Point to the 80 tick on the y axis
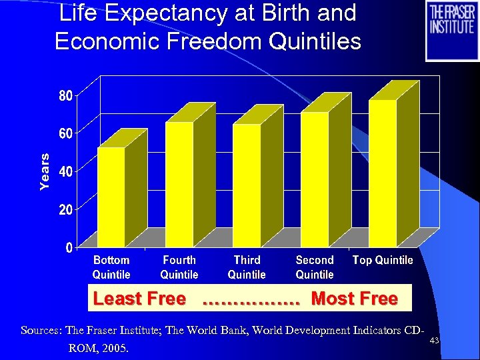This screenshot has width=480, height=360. tap(63, 96)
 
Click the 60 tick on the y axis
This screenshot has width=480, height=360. tap(63, 134)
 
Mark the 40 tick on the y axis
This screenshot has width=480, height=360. tap(63, 171)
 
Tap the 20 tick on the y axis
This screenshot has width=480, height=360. tap(63, 209)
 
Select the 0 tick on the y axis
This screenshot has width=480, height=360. tap(69, 247)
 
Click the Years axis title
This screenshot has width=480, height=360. tap(45, 171)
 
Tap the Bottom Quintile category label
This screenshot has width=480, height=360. tap(111, 267)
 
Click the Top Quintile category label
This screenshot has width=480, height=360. tap(383, 260)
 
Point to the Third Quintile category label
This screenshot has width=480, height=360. tap(247, 267)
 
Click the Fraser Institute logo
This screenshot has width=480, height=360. tap(451, 31)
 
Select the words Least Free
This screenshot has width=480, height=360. tap(139, 299)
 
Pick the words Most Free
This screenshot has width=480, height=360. tap(355, 299)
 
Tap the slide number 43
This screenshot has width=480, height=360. tap(434, 341)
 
